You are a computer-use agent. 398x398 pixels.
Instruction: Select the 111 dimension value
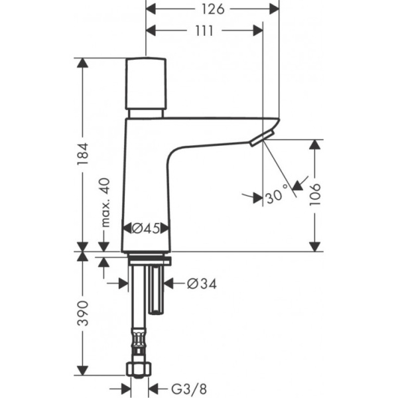(x=204, y=31)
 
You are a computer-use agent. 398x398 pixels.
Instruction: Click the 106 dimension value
(x=315, y=195)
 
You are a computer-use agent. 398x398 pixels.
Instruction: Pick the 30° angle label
(x=277, y=196)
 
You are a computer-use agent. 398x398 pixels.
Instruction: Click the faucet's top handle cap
(x=146, y=83)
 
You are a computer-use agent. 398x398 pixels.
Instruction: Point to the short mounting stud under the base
(x=158, y=292)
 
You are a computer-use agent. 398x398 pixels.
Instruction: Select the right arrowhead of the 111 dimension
(x=259, y=31)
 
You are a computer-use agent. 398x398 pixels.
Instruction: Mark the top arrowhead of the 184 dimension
(x=82, y=62)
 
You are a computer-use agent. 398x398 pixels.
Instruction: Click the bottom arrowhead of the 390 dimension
(x=82, y=371)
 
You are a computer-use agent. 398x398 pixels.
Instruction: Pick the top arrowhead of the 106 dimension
(x=315, y=144)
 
